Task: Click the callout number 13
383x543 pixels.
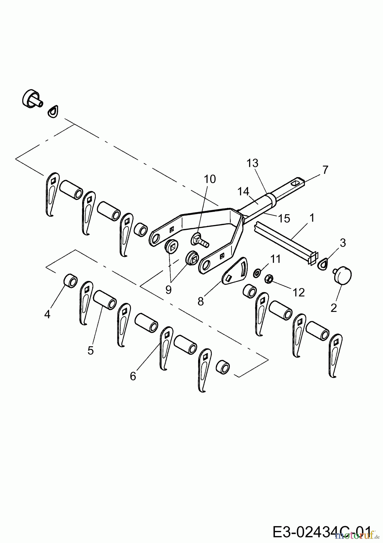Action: point(252,164)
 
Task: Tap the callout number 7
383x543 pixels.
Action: point(325,170)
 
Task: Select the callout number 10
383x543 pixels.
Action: point(210,179)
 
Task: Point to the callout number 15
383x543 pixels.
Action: point(284,218)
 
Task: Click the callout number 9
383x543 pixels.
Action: point(168,290)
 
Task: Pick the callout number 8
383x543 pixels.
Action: point(201,301)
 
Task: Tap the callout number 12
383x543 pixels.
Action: point(299,292)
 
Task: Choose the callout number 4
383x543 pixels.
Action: point(47,314)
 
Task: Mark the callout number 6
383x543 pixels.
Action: point(133,376)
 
